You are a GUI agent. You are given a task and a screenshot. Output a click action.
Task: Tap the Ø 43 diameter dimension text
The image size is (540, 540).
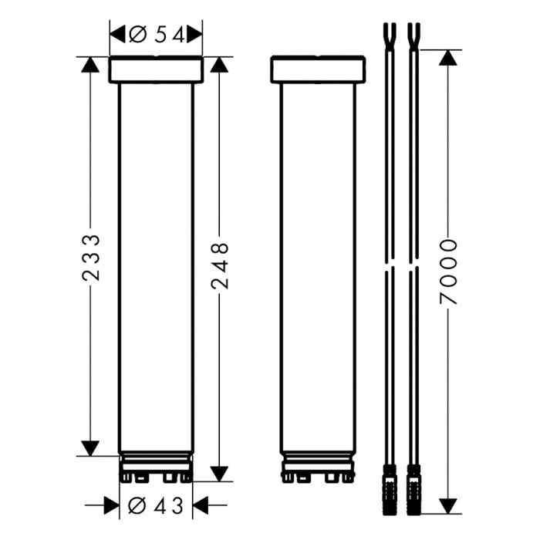(156, 506)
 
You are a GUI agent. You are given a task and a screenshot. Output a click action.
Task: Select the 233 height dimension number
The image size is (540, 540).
(91, 257)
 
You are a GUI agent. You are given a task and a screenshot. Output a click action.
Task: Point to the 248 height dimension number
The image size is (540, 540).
(220, 265)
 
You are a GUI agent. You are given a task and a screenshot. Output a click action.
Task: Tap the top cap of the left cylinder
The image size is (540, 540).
(156, 69)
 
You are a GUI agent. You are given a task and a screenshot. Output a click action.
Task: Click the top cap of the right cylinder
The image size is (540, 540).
(318, 69)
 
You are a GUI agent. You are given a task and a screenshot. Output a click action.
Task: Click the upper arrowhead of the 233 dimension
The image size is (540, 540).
(91, 65)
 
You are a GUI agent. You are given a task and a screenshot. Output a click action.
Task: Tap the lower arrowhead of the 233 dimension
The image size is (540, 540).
(91, 447)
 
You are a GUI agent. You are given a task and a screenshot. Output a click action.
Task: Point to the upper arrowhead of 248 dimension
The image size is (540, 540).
(220, 65)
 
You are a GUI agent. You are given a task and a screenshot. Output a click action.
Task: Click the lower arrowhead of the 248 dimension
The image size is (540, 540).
(220, 473)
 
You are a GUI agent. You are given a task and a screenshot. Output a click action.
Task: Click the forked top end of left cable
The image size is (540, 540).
(389, 35)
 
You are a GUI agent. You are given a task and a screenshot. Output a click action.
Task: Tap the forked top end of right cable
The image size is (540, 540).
(413, 35)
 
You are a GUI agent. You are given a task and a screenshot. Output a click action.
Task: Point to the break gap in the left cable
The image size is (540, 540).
(389, 267)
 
